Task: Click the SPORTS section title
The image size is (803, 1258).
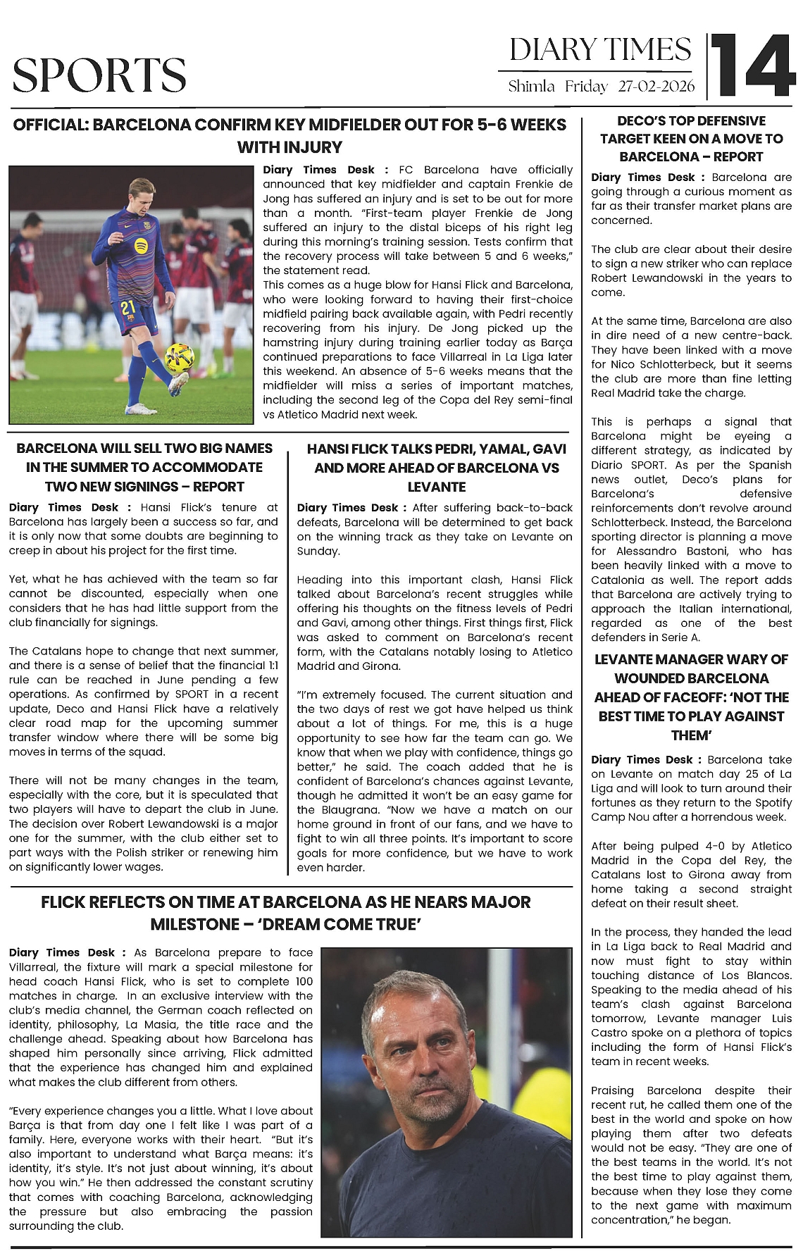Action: [x=99, y=75]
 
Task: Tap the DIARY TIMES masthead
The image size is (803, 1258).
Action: [x=600, y=49]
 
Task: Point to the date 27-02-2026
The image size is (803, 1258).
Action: [x=656, y=87]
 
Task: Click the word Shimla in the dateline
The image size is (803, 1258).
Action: [x=532, y=87]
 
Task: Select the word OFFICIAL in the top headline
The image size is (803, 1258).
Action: [x=50, y=125]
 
